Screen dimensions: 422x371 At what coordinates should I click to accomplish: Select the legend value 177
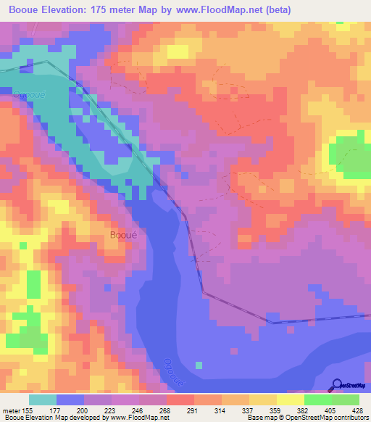click(x=70, y=410)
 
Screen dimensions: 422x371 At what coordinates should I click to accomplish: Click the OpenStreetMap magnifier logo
click(x=336, y=385)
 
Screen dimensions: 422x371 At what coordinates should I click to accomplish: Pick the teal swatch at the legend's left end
click(x=43, y=400)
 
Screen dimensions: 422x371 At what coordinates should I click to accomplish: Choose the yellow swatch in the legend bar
click(x=290, y=400)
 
